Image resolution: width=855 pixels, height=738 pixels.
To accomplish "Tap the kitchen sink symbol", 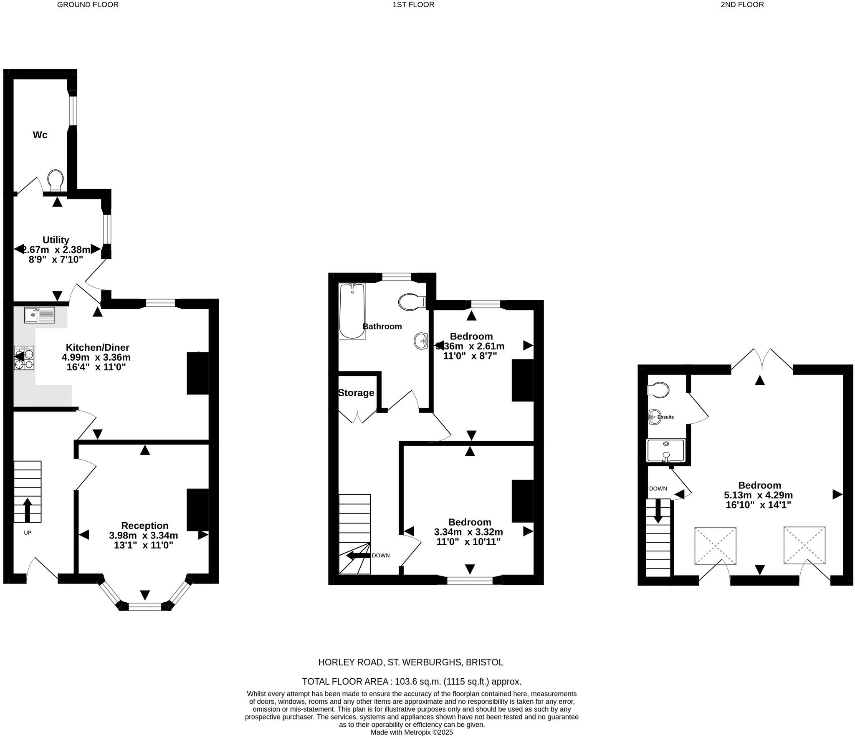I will [40, 315].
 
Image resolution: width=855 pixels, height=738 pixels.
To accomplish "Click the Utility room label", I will [56, 240].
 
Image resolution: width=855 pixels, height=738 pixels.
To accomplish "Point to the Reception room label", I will [145, 526].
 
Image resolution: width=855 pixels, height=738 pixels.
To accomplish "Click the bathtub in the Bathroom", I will [352, 311].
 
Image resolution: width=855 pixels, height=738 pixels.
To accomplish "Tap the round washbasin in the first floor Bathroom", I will [421, 341].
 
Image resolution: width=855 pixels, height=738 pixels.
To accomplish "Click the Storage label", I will [356, 393].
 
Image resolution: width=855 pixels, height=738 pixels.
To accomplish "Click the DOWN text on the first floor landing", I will [380, 555].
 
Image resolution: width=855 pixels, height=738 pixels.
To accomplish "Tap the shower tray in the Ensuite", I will [665, 450].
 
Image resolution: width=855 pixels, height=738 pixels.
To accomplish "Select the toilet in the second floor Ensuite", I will [658, 390].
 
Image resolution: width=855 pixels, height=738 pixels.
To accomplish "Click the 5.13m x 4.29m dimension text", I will [758, 495].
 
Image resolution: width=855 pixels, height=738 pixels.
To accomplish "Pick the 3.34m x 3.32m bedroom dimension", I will [468, 532].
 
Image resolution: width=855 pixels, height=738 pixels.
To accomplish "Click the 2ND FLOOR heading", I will [742, 5].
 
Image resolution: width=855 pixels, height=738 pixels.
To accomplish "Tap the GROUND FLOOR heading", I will [88, 5].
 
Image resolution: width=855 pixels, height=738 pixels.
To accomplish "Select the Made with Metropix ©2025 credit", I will [412, 732].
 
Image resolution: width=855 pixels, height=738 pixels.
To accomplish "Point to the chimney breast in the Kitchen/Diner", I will [197, 373].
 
